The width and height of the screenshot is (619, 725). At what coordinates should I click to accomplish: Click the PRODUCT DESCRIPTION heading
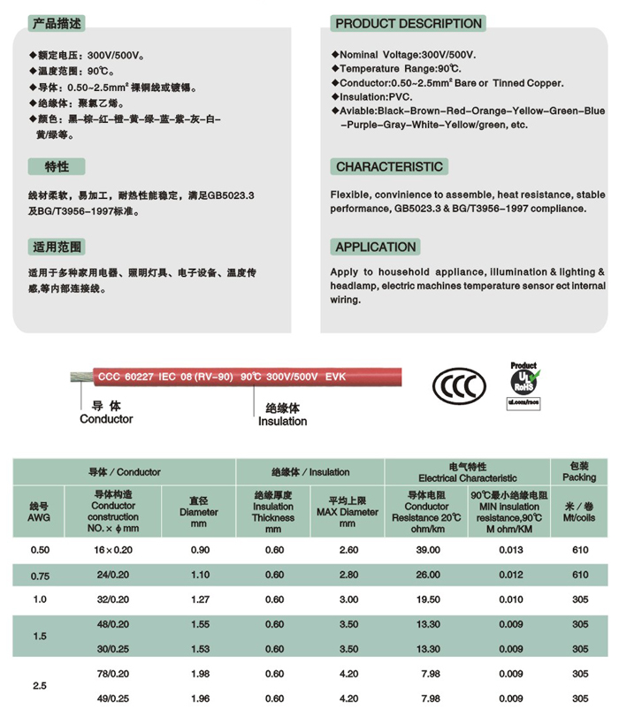(409, 23)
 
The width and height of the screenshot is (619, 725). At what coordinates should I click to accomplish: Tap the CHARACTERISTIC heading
(389, 166)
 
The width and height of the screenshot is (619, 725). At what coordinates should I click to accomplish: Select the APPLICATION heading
(376, 247)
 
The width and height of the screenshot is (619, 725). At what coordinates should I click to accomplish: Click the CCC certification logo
(459, 385)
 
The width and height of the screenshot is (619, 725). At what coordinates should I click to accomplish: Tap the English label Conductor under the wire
(106, 419)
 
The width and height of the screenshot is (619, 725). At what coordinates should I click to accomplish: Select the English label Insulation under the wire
(283, 421)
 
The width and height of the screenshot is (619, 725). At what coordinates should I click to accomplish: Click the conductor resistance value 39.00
(429, 550)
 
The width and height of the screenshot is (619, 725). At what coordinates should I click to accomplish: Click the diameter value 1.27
(199, 599)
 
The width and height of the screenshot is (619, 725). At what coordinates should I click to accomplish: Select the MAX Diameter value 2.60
(349, 550)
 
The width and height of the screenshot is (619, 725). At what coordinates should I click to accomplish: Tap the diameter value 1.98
(199, 674)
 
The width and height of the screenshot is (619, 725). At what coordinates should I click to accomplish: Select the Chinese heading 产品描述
(59, 23)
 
